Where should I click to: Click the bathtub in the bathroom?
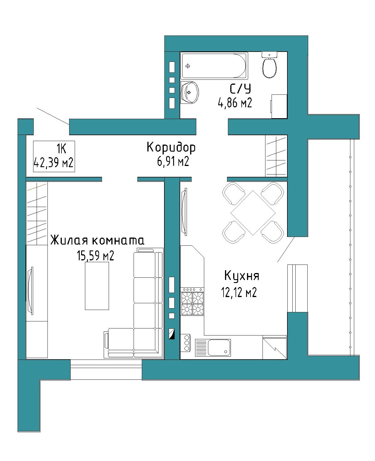(x=214, y=66)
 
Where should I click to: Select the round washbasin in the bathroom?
(x=190, y=92)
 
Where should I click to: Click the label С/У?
(x=240, y=89)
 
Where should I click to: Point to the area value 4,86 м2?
(x=235, y=103)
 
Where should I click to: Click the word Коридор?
(x=171, y=148)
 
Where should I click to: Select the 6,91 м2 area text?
(x=173, y=161)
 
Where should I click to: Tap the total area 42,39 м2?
(x=54, y=163)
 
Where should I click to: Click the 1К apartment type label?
(x=62, y=149)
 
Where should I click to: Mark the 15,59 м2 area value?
(x=95, y=256)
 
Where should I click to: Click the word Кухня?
(x=242, y=276)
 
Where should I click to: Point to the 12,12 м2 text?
(x=239, y=292)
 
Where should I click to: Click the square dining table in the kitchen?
(x=253, y=213)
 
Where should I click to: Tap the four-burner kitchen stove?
(x=192, y=301)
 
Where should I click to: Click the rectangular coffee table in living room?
(x=97, y=286)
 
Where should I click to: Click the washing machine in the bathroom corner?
(x=279, y=106)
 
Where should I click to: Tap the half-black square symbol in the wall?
(x=172, y=334)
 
